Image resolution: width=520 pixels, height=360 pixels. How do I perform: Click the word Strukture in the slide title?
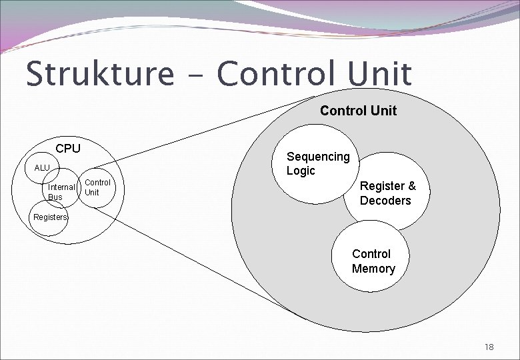99,74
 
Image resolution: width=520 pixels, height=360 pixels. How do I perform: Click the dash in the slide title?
195,76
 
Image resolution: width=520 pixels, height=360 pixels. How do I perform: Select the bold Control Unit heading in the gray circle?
358,111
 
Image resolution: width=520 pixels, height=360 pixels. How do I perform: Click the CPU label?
68,148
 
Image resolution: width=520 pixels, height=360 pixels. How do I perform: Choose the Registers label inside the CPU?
51,217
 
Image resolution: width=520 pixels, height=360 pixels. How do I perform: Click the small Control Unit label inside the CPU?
97,187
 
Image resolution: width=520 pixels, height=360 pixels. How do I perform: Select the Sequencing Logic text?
317,163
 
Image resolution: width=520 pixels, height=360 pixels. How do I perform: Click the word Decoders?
385,201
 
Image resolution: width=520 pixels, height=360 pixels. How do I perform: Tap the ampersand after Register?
411,187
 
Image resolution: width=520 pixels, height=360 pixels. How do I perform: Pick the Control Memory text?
373,261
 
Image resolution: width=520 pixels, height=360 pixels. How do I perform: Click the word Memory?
373,269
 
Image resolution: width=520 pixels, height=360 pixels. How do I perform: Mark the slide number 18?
489,347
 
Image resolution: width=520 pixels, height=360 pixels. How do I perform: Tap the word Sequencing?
317,157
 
